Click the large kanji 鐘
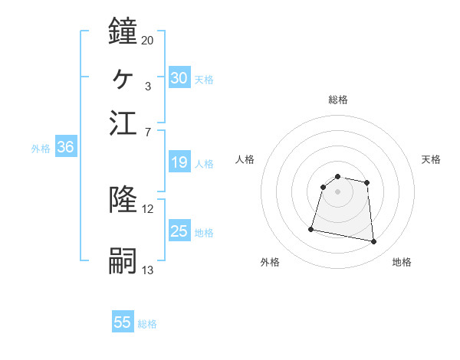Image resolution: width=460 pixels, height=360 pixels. (x=123, y=31)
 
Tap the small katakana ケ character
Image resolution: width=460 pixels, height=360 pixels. (x=123, y=77)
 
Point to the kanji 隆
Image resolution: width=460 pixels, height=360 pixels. (x=123, y=201)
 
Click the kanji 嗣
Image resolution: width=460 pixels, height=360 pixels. (x=123, y=261)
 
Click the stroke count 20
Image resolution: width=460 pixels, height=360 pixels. (x=147, y=40)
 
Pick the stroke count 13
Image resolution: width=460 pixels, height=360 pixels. (x=147, y=270)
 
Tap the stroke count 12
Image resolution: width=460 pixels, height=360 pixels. (x=147, y=209)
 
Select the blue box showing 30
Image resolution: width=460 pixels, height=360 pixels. (x=179, y=78)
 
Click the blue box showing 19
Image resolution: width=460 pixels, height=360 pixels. (x=179, y=162)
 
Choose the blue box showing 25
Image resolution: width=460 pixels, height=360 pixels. (x=179, y=231)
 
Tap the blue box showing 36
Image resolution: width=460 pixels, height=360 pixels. (x=65, y=148)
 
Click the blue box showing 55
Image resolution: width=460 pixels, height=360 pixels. (x=123, y=322)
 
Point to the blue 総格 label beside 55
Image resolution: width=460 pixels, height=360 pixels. (x=147, y=324)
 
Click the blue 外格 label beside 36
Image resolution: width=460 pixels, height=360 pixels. (x=41, y=149)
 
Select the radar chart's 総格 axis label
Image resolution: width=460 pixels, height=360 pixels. (x=338, y=100)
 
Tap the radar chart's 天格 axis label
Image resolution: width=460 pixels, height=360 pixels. (x=431, y=159)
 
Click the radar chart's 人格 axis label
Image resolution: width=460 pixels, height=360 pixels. (x=245, y=159)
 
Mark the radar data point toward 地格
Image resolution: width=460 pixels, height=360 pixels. (x=374, y=242)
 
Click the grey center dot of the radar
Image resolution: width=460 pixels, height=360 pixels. (x=338, y=191)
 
